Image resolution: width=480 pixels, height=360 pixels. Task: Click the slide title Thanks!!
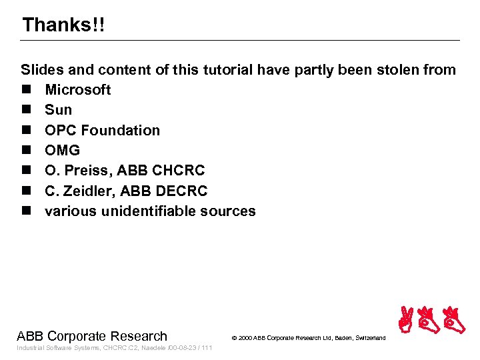tap(63, 25)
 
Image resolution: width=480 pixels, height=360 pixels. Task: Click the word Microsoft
tap(77, 89)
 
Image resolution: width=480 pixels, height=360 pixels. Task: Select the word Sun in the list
tap(58, 109)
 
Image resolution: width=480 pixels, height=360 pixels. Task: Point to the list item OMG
tap(62, 150)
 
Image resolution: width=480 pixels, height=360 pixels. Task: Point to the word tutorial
tap(238, 69)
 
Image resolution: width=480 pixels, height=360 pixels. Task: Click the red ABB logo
tap(431, 319)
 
